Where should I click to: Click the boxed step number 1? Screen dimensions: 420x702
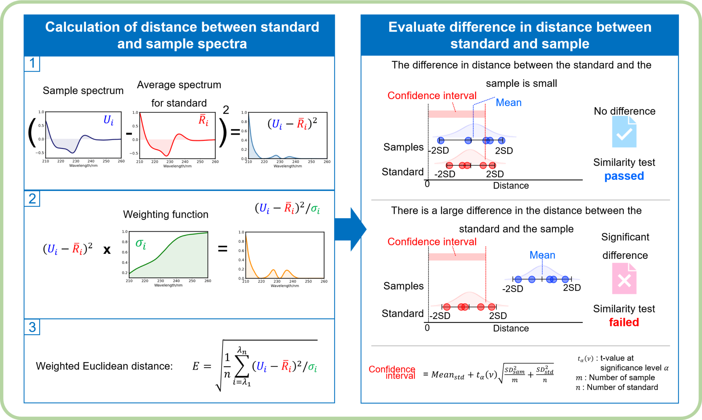pos(32,64)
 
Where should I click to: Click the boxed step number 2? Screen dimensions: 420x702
pos(32,199)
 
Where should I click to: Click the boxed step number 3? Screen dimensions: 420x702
pos(32,327)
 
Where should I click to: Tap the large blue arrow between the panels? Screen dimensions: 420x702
pos(350,229)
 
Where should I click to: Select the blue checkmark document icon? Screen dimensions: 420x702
pos(624,132)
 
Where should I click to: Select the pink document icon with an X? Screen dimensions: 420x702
pos(624,278)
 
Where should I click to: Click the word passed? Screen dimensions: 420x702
pos(624,176)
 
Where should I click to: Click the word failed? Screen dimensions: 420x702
pos(624,322)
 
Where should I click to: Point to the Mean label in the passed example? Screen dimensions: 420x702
pos(508,103)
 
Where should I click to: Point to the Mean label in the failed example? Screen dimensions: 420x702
pos(542,255)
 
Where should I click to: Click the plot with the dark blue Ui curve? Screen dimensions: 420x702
pos(83,135)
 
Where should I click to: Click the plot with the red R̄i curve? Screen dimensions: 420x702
pos(177,135)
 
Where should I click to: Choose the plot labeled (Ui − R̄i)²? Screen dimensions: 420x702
pos(287,135)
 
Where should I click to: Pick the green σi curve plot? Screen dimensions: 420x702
pos(168,255)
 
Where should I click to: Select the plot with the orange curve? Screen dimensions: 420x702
pos(285,255)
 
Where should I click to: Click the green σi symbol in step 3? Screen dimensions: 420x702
pos(312,367)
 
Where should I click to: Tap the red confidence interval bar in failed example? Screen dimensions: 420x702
pos(457,257)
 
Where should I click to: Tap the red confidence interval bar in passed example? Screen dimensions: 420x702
pos(457,114)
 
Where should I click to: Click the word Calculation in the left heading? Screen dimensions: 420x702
pos(82,27)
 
